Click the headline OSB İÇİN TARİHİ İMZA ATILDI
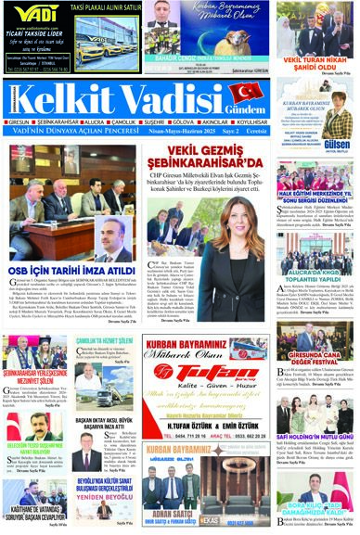tap(70, 280)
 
